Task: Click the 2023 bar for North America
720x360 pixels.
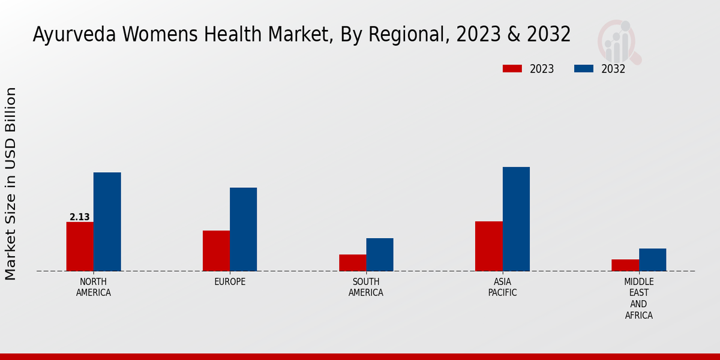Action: coord(80,247)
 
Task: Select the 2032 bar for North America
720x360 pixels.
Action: coord(107,221)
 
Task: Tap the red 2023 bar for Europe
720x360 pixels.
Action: coord(216,251)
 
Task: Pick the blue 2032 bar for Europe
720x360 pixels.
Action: coord(243,229)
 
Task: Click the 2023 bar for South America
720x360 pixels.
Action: coord(352,263)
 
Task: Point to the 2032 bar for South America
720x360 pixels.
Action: coord(380,254)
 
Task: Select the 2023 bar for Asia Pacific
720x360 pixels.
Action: coord(488,246)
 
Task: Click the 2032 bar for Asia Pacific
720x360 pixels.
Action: coord(516,219)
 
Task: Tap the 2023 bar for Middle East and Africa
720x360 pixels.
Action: coord(625,265)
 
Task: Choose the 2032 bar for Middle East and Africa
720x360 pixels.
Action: coord(652,260)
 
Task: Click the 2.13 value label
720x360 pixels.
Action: coord(80,217)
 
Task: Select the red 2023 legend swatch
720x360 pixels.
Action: coord(512,68)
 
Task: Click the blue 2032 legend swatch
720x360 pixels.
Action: coord(584,68)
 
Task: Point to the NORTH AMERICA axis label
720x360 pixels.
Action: coord(94,287)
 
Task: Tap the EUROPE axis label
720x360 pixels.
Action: coord(230,282)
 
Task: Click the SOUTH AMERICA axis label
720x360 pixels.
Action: coord(366,287)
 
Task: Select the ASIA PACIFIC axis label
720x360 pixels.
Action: coord(502,287)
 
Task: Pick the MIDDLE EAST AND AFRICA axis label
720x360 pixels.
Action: coord(638,298)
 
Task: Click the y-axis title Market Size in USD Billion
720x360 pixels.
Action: coord(11,183)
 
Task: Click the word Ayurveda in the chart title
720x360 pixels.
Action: coord(74,35)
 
